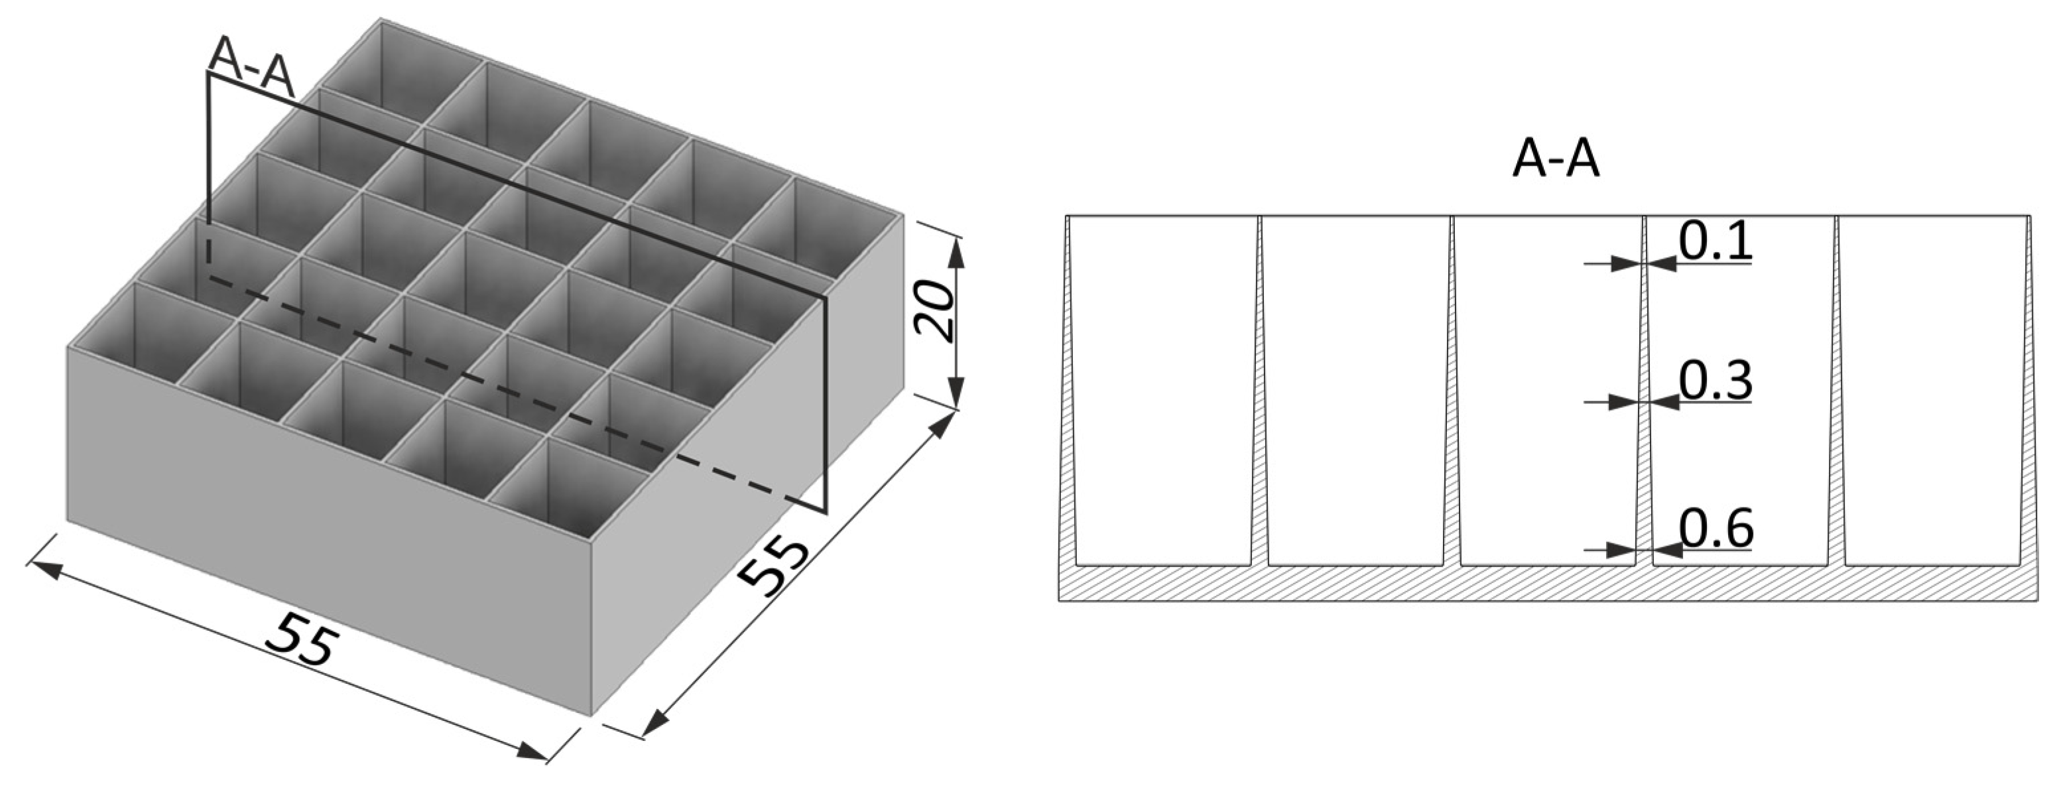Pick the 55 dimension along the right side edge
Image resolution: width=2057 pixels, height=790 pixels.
[x=771, y=566]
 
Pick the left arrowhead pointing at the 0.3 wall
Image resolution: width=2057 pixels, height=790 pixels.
[x=1621, y=403]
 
